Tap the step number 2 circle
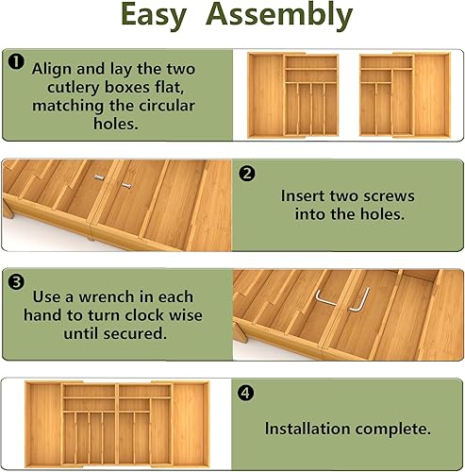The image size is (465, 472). coord(247,174)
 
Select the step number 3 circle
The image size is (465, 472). coord(16,282)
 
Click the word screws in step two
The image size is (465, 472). coord(374,196)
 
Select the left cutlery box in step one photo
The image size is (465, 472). coord(295,95)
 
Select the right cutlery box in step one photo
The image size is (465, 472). coord(405,93)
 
